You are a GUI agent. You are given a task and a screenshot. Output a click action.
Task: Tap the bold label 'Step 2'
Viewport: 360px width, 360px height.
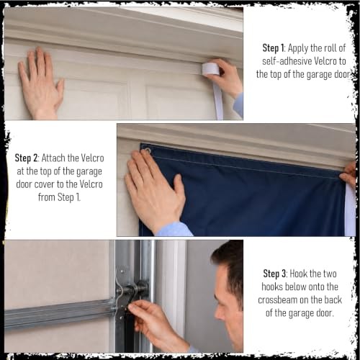point(26,158)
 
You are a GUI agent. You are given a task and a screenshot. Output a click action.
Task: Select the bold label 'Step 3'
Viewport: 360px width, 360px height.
point(274,274)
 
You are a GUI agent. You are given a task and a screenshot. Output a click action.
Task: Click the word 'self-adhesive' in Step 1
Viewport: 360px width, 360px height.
point(287,61)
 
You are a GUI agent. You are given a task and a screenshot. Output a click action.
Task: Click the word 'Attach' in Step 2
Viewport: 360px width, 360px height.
point(53,158)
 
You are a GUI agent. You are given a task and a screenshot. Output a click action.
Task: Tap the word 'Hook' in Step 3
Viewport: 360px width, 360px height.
point(298,274)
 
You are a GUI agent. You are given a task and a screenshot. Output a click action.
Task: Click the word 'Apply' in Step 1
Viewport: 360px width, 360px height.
point(298,48)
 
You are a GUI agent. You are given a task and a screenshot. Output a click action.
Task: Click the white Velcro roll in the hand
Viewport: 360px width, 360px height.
point(210,68)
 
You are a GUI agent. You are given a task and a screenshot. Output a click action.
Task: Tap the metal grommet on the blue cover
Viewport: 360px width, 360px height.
point(146,151)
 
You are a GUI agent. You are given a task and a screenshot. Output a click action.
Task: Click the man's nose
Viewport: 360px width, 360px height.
point(218,312)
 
